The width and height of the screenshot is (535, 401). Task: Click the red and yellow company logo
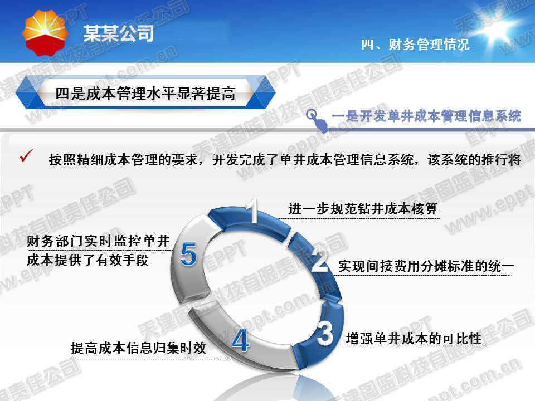click(45, 33)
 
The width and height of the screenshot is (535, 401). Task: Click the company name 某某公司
click(119, 33)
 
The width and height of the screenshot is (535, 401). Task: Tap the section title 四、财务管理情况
click(415, 45)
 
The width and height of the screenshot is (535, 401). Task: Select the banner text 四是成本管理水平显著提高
click(145, 94)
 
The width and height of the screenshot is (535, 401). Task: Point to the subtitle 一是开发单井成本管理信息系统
click(426, 116)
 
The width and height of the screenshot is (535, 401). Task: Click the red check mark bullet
click(26, 156)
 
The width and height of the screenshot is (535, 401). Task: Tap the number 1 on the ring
click(254, 211)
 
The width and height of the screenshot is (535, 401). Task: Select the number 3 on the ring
click(325, 333)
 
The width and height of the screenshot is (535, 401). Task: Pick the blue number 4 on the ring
click(241, 340)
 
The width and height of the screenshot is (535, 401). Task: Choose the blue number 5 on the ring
click(189, 254)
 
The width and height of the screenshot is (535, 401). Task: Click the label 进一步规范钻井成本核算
click(363, 208)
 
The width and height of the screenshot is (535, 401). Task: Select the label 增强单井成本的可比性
click(414, 339)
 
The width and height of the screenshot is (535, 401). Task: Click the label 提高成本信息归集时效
click(139, 348)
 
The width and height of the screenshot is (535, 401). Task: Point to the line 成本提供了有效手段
click(87, 260)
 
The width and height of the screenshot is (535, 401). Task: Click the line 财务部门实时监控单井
click(98, 241)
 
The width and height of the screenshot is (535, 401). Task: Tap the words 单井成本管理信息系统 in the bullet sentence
click(347, 159)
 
